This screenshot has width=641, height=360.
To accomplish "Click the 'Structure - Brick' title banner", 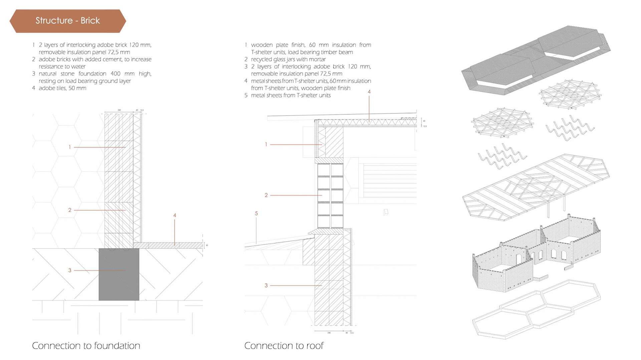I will click(x=68, y=21).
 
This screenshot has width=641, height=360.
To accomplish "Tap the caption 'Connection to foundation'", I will click(x=86, y=346).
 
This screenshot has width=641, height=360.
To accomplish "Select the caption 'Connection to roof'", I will click(x=284, y=346).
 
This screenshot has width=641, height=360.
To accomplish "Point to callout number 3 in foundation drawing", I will click(x=70, y=270).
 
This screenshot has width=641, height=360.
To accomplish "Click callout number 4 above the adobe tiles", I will click(x=175, y=216).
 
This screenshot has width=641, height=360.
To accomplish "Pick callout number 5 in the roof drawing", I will click(x=256, y=214).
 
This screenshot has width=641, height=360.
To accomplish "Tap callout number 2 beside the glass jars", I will click(x=266, y=195).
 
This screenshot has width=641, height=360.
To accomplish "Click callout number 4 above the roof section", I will click(x=369, y=92).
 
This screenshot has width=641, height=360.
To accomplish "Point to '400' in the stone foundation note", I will click(x=116, y=74).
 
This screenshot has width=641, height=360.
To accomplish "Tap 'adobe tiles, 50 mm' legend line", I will click(x=62, y=88).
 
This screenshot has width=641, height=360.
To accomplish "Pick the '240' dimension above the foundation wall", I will click(x=119, y=110).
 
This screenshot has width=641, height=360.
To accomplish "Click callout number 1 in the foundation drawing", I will click(x=70, y=147).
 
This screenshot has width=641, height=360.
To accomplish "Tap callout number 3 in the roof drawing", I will click(x=266, y=286).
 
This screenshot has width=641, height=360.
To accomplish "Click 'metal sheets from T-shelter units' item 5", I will click(x=290, y=95).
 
